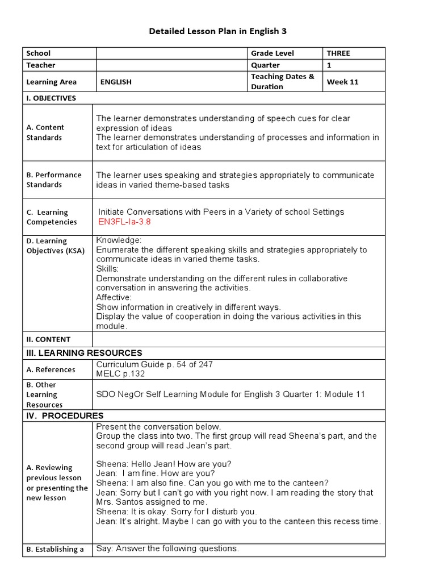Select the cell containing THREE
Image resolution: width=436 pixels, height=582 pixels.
tap(338, 53)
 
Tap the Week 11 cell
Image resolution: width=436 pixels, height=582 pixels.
tap(342, 82)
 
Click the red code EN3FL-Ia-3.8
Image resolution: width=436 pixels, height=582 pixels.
tap(124, 222)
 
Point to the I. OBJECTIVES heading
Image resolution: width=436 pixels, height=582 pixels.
tap(51, 98)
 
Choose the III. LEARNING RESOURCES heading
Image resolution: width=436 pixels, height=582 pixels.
tap(84, 353)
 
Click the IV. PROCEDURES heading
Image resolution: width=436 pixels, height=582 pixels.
tap(65, 415)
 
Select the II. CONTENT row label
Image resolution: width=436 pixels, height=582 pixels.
tap(48, 339)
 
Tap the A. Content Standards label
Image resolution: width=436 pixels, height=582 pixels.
tap(45, 132)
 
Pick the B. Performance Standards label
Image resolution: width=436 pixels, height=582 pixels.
tap(54, 180)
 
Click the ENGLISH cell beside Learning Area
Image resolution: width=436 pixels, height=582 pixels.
tap(116, 82)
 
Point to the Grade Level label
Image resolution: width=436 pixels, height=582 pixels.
tap(272, 53)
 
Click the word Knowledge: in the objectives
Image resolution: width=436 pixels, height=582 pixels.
tap(119, 240)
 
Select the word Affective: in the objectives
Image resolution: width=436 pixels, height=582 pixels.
tap(114, 297)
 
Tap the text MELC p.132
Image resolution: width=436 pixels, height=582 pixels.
tap(120, 373)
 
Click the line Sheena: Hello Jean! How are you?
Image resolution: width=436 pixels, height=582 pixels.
tap(163, 463)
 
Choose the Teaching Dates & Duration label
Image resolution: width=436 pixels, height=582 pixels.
tap(282, 82)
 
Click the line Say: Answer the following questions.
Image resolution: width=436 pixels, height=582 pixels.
tap(167, 548)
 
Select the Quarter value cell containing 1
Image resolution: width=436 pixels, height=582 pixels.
tap(329, 65)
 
